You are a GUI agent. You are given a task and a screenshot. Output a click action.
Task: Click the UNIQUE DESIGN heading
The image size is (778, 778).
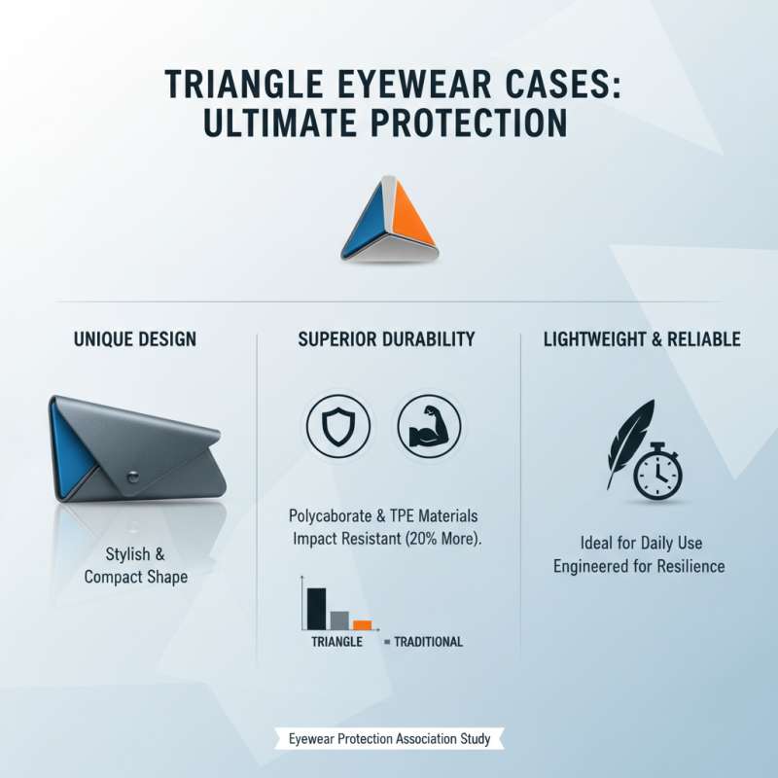coord(135,339)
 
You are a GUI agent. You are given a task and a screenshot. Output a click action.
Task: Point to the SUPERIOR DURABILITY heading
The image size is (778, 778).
coord(387,339)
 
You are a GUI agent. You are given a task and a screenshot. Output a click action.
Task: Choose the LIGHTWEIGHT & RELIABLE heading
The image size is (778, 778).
coord(642,339)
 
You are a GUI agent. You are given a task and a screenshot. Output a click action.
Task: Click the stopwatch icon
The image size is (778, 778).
coord(657,473)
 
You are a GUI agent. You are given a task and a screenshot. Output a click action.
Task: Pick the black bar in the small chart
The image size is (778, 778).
coord(316,608)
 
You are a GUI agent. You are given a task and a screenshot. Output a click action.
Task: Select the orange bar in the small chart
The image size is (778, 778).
coord(363,624)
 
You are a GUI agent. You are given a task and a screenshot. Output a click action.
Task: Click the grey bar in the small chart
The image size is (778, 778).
coord(339,619)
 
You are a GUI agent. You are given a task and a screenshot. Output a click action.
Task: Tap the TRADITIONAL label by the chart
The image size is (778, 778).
coord(428,642)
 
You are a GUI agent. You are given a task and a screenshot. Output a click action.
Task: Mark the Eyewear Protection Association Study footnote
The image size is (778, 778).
coord(389,739)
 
